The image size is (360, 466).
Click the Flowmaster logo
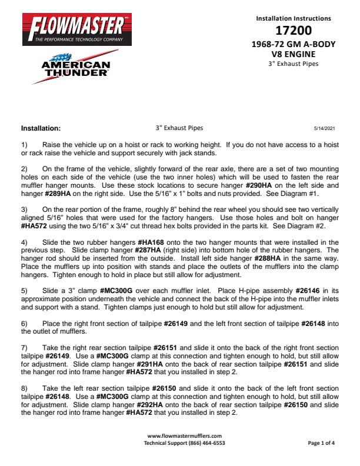tap(74, 28)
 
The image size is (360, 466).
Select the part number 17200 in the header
tap(294, 31)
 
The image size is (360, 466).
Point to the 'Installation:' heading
tap(41, 128)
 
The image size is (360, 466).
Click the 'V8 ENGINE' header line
tap(294, 54)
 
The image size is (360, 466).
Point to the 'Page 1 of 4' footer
tap(321, 442)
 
